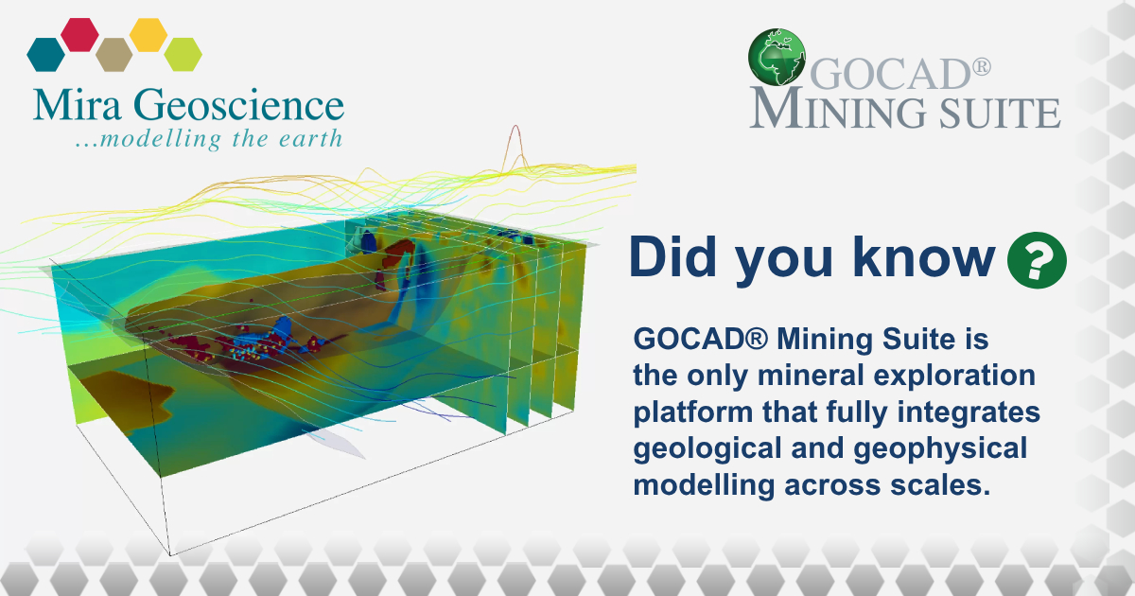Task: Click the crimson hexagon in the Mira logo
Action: tap(79, 34)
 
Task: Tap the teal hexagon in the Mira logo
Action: tap(45, 55)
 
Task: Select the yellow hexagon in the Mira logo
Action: tap(148, 34)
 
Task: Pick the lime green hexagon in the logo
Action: tap(183, 55)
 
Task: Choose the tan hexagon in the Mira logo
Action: tap(113, 55)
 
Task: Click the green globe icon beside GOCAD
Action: tap(777, 58)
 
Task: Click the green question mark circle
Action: tap(1037, 259)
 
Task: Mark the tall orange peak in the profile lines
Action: tap(515, 137)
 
